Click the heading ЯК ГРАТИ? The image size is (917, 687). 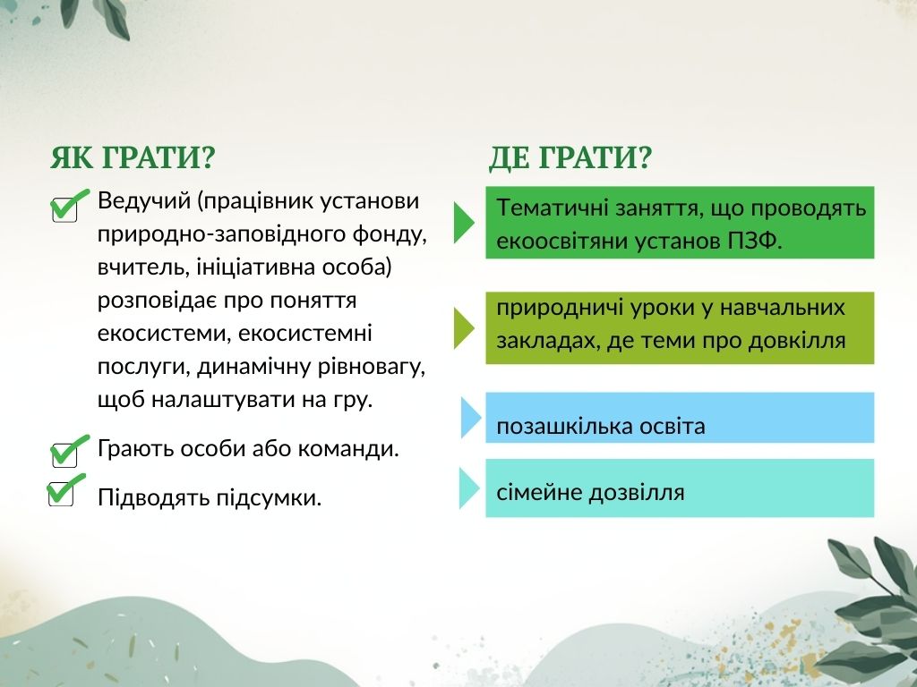(133, 157)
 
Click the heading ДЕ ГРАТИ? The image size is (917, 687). (570, 157)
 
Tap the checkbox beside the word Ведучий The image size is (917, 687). (64, 209)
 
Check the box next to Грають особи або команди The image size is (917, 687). (64, 455)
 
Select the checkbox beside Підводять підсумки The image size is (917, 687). (61, 494)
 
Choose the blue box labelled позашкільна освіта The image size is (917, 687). (680, 418)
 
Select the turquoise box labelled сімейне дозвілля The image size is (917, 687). (680, 488)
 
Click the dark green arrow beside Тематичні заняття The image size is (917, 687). (464, 223)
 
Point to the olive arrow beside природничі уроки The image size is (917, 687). (464, 328)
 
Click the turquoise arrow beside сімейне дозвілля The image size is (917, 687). (469, 488)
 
